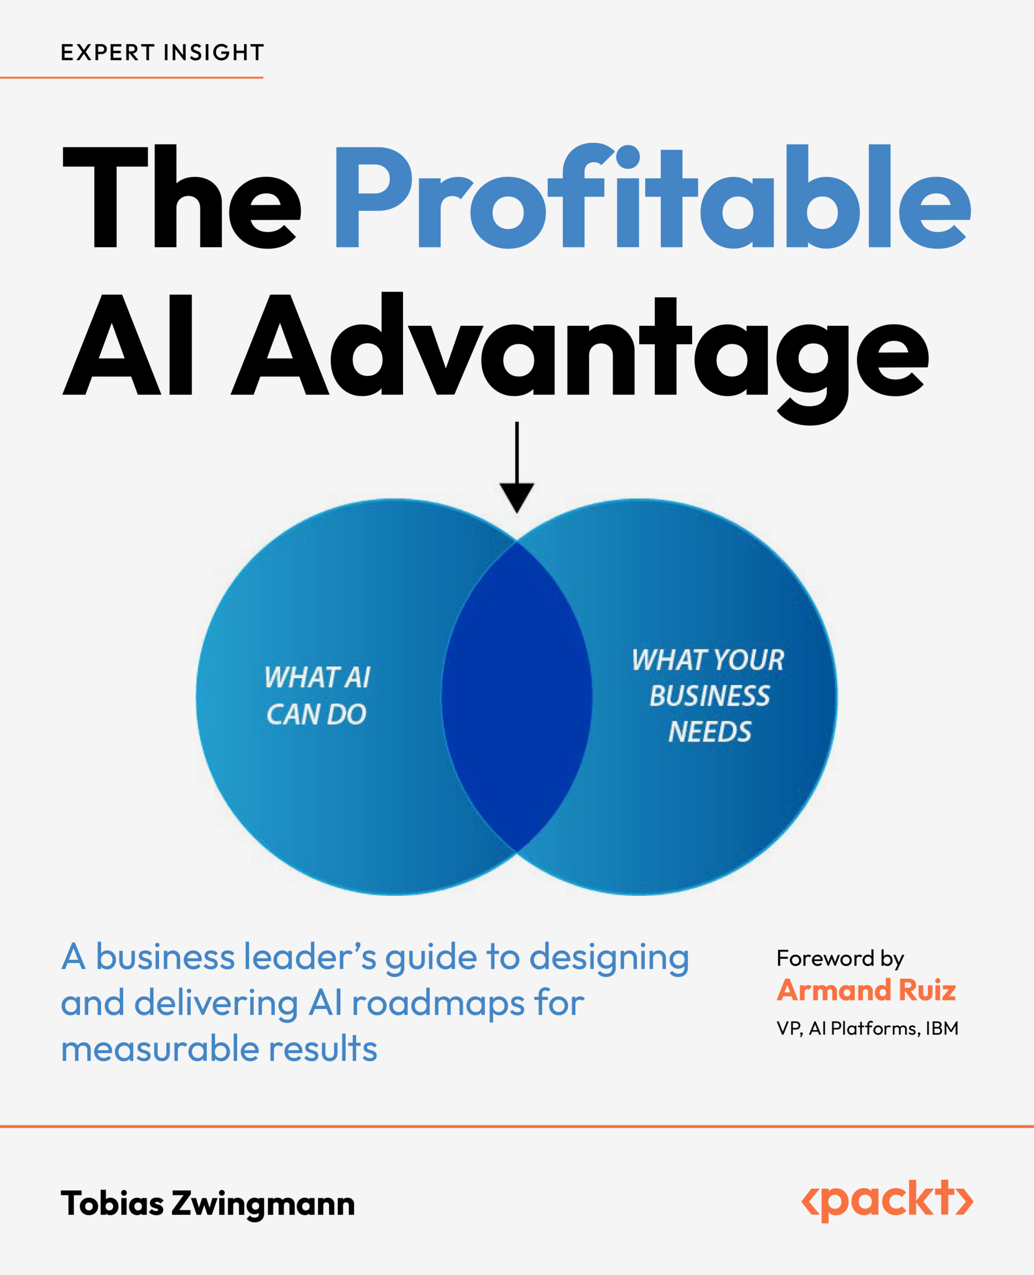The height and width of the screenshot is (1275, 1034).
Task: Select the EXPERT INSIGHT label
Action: click(162, 52)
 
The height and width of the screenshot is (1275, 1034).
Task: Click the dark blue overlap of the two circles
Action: click(516, 697)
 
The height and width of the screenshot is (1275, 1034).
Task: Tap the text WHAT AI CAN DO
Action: click(317, 696)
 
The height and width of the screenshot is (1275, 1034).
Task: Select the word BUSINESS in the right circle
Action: click(709, 696)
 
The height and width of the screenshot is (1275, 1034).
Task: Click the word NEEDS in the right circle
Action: click(709, 732)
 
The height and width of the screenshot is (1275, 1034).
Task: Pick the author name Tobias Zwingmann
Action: click(207, 1203)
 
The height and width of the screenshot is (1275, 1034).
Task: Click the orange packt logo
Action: click(887, 1200)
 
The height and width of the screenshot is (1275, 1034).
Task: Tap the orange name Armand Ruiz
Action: click(866, 990)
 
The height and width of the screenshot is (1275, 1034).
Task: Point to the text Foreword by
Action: click(840, 958)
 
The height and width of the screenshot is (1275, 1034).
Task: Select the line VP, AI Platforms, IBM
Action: click(867, 1028)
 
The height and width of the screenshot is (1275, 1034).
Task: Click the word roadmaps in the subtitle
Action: click(438, 1004)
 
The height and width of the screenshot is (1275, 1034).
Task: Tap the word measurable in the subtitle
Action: click(159, 1049)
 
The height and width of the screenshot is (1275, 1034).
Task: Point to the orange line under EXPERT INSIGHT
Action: click(131, 78)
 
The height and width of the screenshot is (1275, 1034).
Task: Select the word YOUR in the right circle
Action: click(748, 660)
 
